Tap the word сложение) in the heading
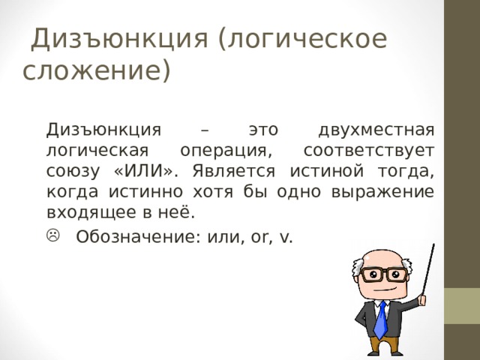tap(97, 72)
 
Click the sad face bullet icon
tap(54, 236)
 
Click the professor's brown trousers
tap(382, 347)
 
